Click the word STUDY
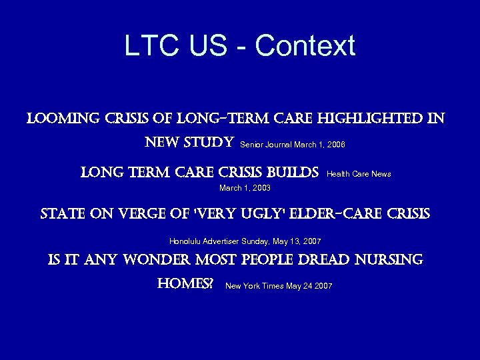point(207,143)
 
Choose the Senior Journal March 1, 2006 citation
point(292,144)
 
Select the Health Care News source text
point(359,174)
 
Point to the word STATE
point(63,214)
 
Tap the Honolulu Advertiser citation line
point(245,241)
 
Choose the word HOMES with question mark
point(185,284)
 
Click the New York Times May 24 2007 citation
point(279,286)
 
